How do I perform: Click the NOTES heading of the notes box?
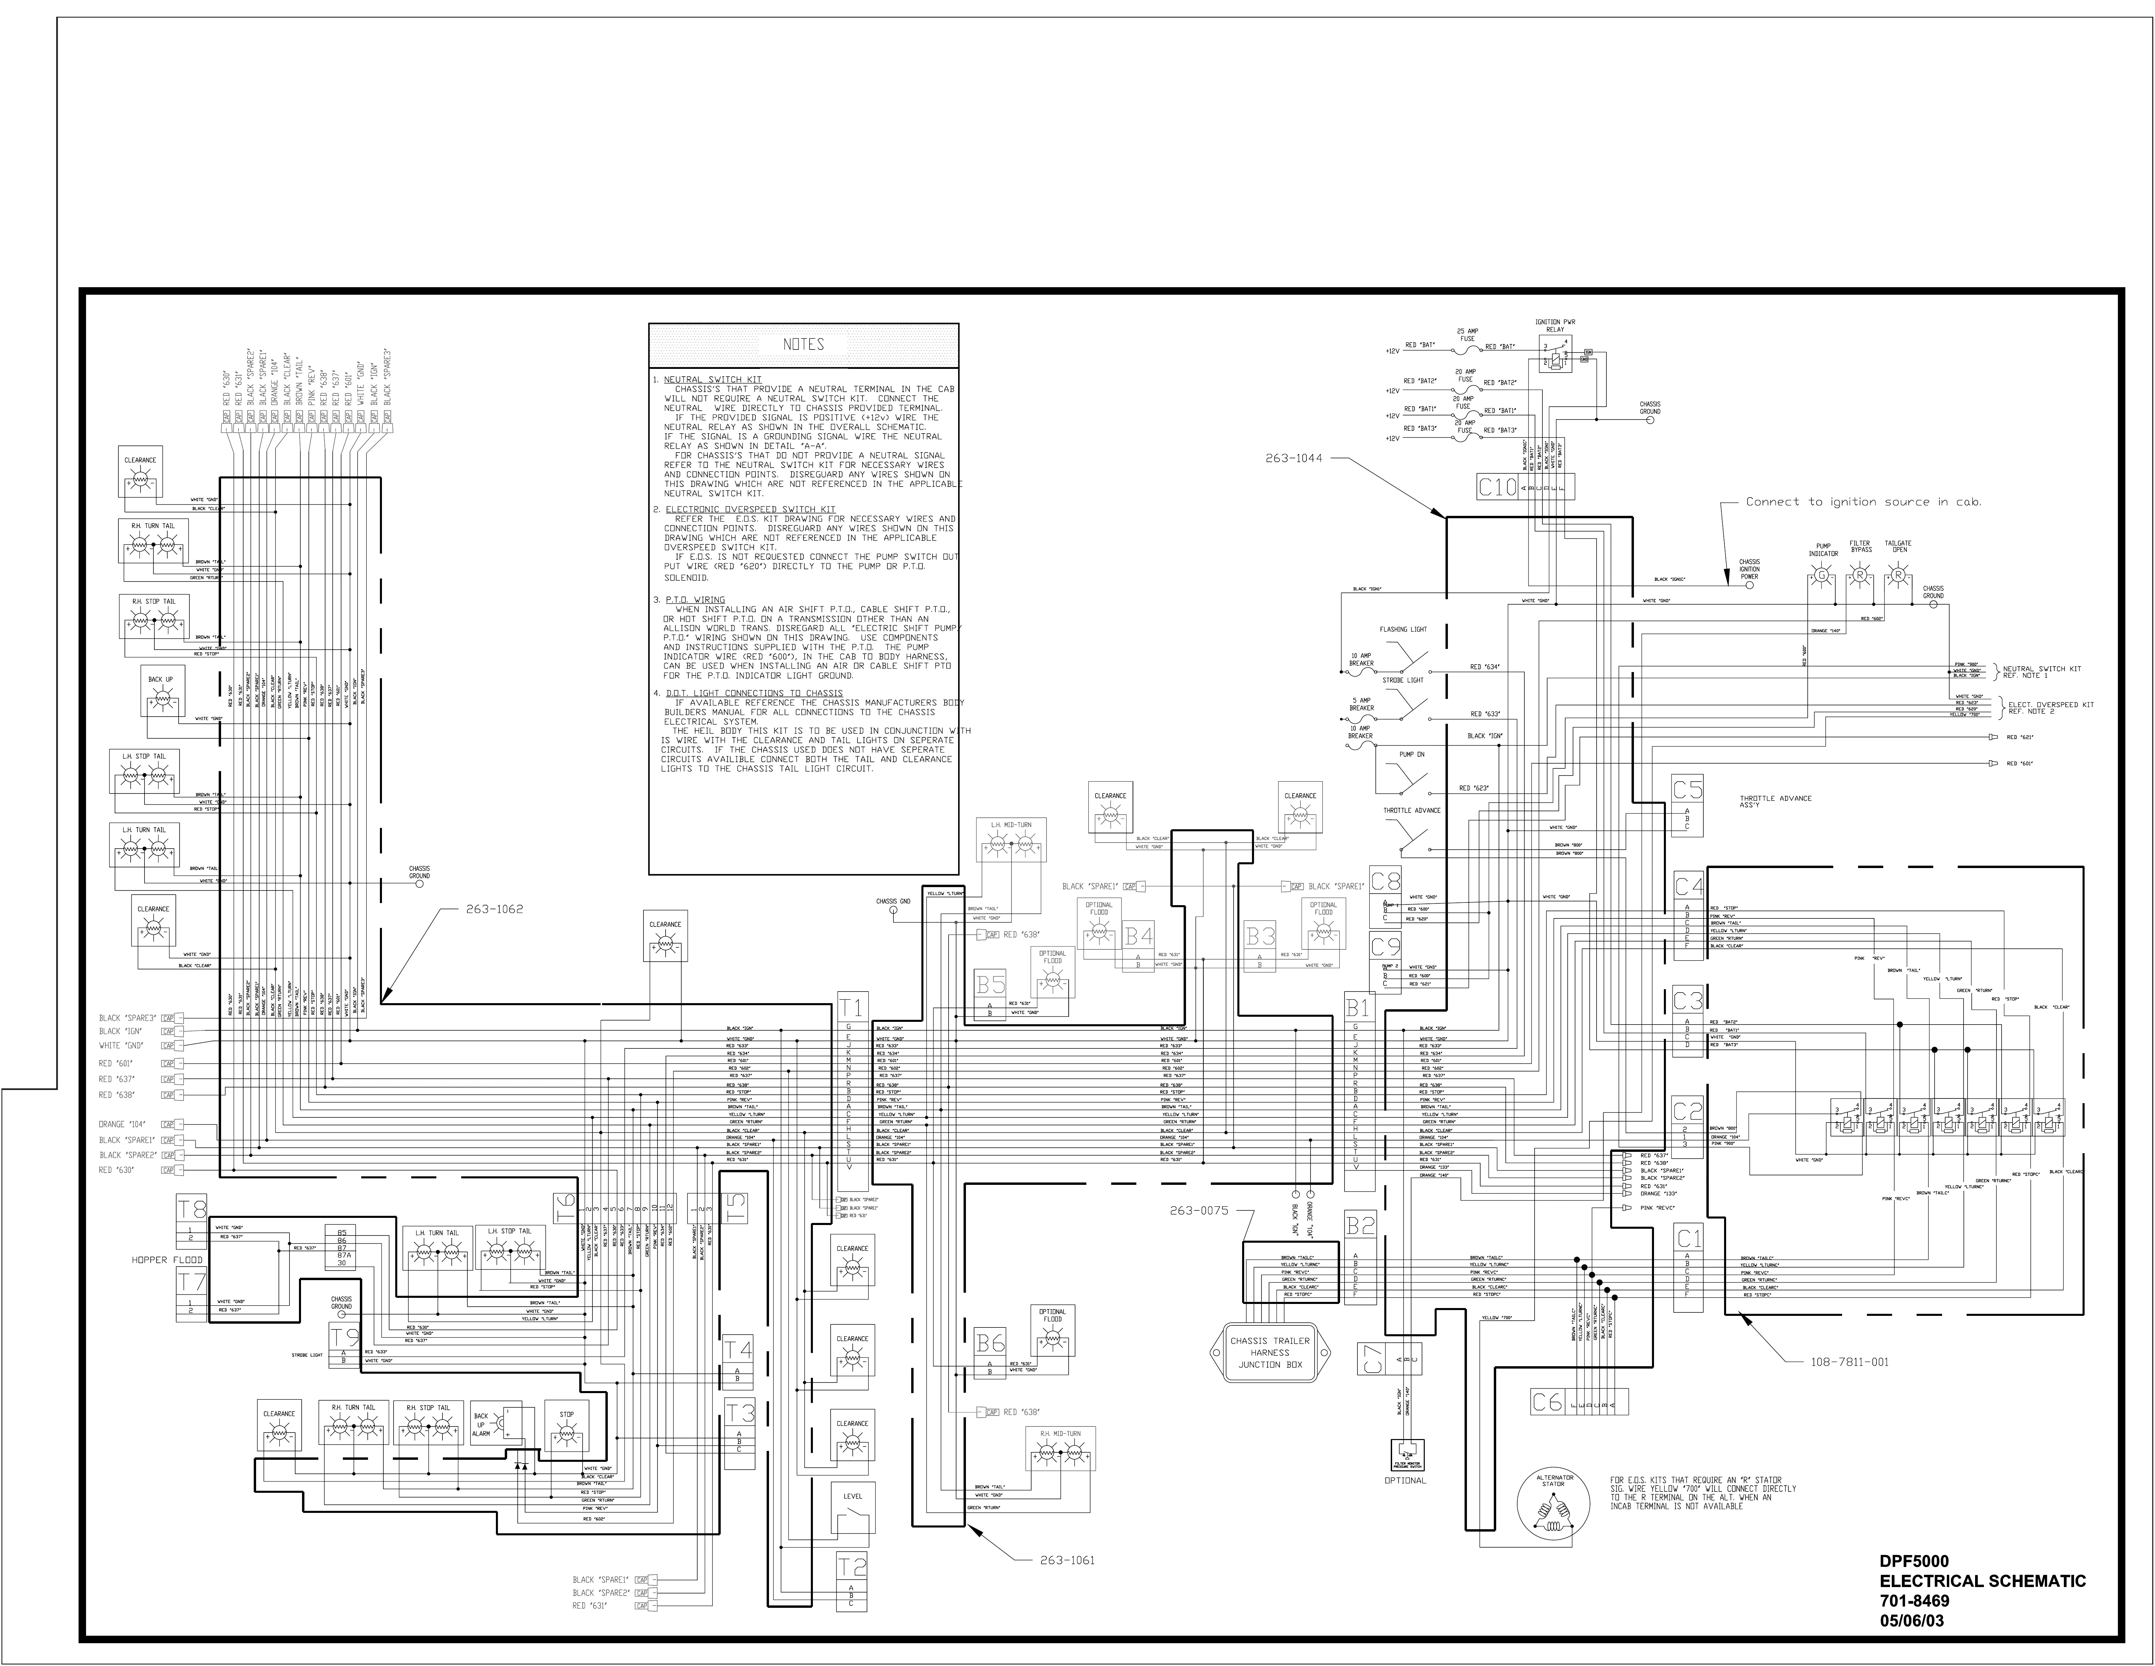[x=803, y=344]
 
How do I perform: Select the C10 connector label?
[x=1497, y=487]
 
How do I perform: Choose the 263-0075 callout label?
[x=1198, y=1210]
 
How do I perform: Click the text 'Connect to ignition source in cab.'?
[x=1863, y=501]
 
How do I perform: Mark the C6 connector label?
[x=1547, y=1402]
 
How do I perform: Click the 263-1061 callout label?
[x=1067, y=1561]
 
